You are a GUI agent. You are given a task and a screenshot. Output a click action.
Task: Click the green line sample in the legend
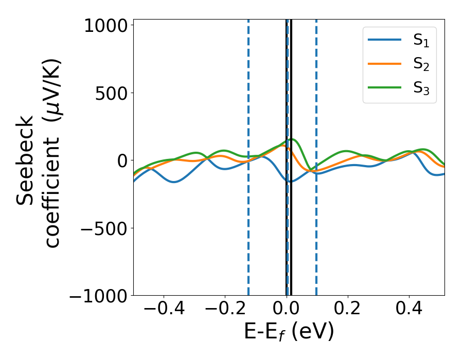(x=385, y=87)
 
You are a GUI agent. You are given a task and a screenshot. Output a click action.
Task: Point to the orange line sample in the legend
(x=385, y=64)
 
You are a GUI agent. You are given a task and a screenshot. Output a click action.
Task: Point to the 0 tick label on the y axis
(x=121, y=161)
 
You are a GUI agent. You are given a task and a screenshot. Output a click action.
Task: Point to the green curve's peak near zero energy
(x=292, y=139)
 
